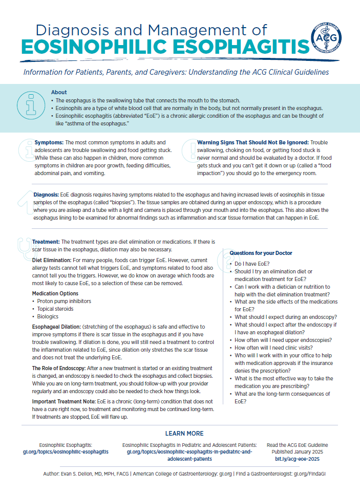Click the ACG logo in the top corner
click(328, 40)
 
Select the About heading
click(59, 92)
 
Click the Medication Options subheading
click(55, 293)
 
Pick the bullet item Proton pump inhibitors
click(64, 301)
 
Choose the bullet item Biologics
click(48, 316)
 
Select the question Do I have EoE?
click(253, 263)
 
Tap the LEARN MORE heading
click(184, 433)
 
